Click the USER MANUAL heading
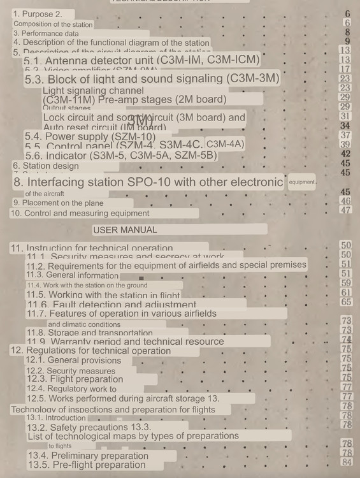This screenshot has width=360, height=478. tap(125, 229)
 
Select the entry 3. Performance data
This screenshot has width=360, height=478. tap(47, 33)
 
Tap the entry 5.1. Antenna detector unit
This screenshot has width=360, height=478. tap(142, 60)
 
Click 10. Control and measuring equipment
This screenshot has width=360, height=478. tap(80, 214)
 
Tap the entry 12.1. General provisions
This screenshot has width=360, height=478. tap(73, 360)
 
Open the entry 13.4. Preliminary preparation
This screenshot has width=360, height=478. tap(88, 456)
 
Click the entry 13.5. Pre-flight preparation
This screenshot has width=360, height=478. tap(87, 465)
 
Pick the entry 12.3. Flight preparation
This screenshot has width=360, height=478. tap(74, 379)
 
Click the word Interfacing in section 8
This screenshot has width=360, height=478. tap(71, 182)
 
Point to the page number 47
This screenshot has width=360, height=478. tap(347, 210)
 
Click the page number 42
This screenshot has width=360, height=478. tap(347, 154)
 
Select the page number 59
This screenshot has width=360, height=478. tap(347, 283)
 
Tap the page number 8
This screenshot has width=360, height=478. tap(347, 32)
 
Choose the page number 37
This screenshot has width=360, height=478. tap(346, 135)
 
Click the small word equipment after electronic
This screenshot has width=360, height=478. tap(302, 182)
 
